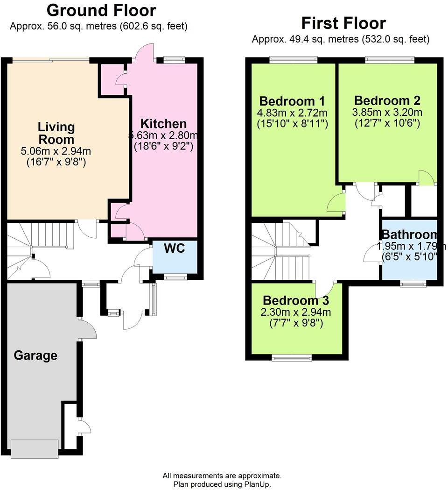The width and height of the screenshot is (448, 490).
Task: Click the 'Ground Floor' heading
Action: pyautogui.click(x=101, y=10)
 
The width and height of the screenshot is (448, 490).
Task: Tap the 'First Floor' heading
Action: pyautogui.click(x=343, y=23)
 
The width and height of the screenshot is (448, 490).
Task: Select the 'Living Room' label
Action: pyautogui.click(x=56, y=133)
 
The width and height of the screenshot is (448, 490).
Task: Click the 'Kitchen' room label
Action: pyautogui.click(x=163, y=124)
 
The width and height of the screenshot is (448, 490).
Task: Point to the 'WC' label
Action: pyautogui.click(x=174, y=249)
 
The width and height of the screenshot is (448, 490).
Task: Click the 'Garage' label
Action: pyautogui.click(x=35, y=355)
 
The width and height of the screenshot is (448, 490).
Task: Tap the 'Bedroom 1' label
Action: pyautogui.click(x=292, y=101)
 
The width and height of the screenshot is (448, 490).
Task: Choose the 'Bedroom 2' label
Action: pyautogui.click(x=387, y=100)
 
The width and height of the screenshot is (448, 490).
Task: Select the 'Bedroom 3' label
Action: pyautogui.click(x=296, y=300)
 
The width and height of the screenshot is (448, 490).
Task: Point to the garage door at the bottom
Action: pyautogui.click(x=35, y=449)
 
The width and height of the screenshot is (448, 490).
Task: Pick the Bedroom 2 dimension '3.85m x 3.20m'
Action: pyautogui.click(x=387, y=112)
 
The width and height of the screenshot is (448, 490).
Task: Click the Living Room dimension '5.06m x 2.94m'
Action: pyautogui.click(x=56, y=151)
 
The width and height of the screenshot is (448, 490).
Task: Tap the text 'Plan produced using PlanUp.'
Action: pyautogui.click(x=222, y=484)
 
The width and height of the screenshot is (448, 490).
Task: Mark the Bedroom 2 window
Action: pyautogui.click(x=390, y=59)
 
